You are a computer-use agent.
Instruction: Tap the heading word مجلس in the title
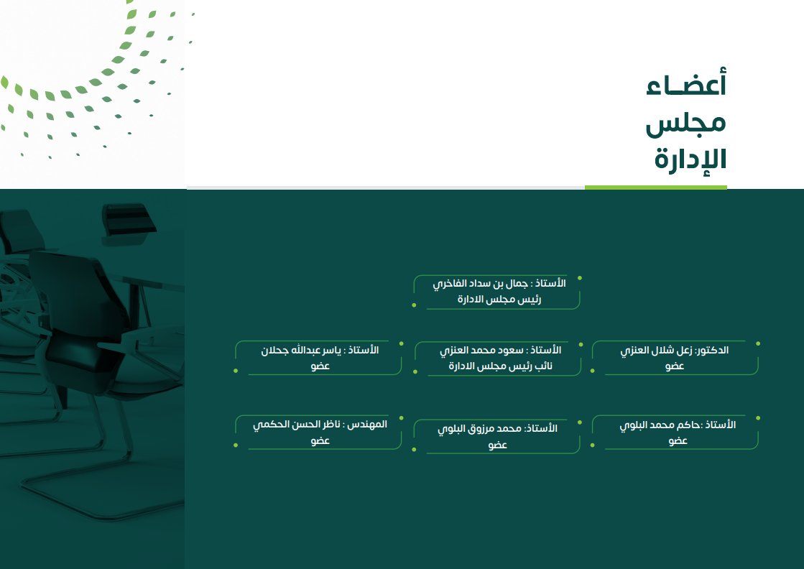(x=685, y=123)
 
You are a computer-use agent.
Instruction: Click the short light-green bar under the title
(x=656, y=188)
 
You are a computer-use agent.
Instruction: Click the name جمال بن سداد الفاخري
(x=480, y=284)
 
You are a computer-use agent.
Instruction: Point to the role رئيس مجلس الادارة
(x=499, y=300)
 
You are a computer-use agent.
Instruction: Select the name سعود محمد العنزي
(x=481, y=351)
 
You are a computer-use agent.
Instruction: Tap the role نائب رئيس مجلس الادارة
(x=501, y=366)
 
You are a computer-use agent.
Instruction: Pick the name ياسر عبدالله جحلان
(x=301, y=351)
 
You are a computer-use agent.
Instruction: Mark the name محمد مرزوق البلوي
(x=479, y=429)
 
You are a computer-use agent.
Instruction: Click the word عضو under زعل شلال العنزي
(x=675, y=366)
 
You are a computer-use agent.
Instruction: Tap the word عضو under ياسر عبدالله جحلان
(x=320, y=366)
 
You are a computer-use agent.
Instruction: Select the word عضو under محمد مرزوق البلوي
(x=497, y=445)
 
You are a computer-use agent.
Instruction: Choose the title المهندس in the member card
(x=367, y=425)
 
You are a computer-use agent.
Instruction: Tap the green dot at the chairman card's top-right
(x=579, y=278)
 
